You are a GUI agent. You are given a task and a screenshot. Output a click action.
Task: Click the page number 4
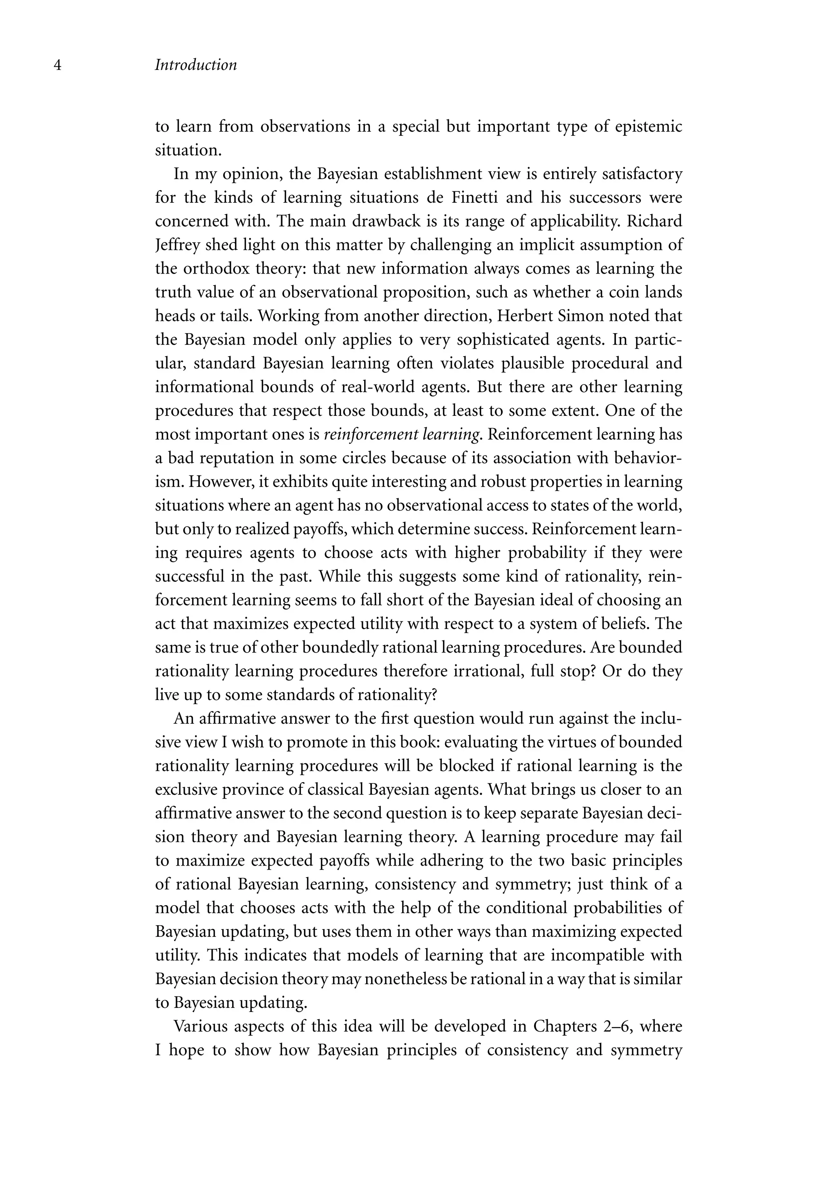click(58, 66)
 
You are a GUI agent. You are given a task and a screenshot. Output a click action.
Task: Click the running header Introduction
click(196, 65)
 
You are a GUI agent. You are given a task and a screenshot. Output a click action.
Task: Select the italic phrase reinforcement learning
click(402, 435)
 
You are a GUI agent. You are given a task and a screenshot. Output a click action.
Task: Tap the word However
click(221, 482)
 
